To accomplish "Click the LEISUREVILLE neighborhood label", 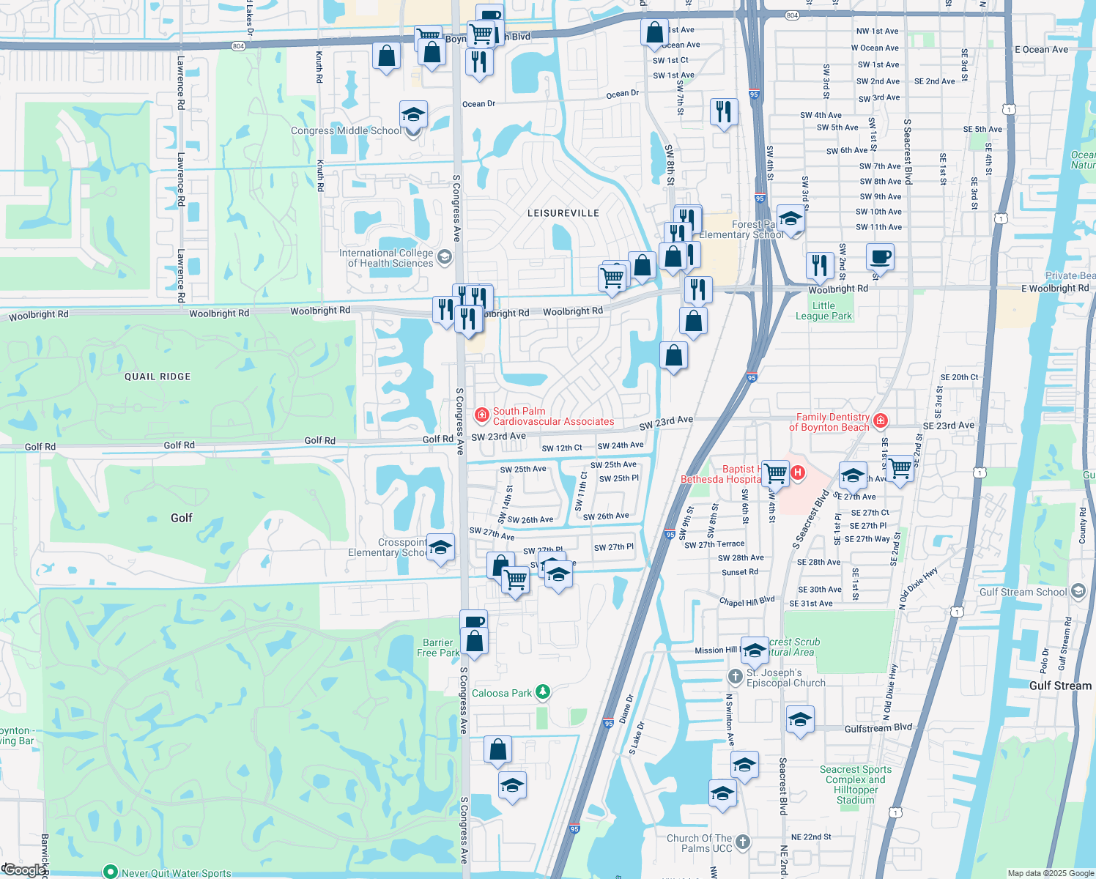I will (563, 213).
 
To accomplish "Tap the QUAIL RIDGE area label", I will (158, 377).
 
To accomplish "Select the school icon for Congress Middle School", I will (413, 116).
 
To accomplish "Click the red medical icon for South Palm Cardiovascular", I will (481, 416).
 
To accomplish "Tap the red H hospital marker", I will (797, 473).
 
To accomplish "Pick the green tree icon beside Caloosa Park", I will (542, 692).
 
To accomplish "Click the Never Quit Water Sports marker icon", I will (110, 872).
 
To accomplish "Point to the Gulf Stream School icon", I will (1078, 591).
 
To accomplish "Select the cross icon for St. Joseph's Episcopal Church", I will (735, 676).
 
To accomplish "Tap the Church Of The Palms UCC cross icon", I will (743, 842).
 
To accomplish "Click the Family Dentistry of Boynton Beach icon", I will (881, 421).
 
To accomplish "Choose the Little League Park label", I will (823, 311).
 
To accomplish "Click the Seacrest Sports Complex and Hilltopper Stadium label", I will (855, 785).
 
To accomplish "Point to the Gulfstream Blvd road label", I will (878, 727).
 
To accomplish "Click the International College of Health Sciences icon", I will (444, 257).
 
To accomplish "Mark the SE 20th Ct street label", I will (959, 377).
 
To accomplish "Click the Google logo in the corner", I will (23, 870).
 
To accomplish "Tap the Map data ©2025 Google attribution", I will (1050, 873).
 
